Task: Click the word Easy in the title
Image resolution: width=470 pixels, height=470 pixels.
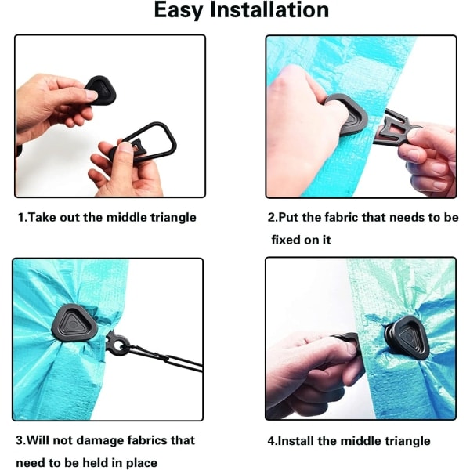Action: pyautogui.click(x=179, y=11)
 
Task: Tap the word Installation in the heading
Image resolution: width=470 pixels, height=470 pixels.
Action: pyautogui.click(x=269, y=9)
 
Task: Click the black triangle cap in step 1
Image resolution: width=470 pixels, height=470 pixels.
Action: pyautogui.click(x=100, y=90)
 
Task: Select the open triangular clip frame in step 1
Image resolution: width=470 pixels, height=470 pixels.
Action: pyautogui.click(x=150, y=141)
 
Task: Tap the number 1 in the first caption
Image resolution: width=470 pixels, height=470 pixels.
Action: pyautogui.click(x=20, y=217)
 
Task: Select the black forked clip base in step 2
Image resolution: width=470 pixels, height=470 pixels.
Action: pyautogui.click(x=396, y=129)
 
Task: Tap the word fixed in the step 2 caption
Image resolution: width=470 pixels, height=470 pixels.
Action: pyautogui.click(x=284, y=240)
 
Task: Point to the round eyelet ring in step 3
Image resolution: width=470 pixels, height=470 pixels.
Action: pyautogui.click(x=117, y=345)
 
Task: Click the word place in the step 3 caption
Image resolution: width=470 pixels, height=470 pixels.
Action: pyautogui.click(x=142, y=463)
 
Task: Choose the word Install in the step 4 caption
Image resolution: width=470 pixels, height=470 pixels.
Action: pyautogui.click(x=295, y=440)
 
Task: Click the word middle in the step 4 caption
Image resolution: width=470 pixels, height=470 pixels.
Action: pyautogui.click(x=361, y=440)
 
